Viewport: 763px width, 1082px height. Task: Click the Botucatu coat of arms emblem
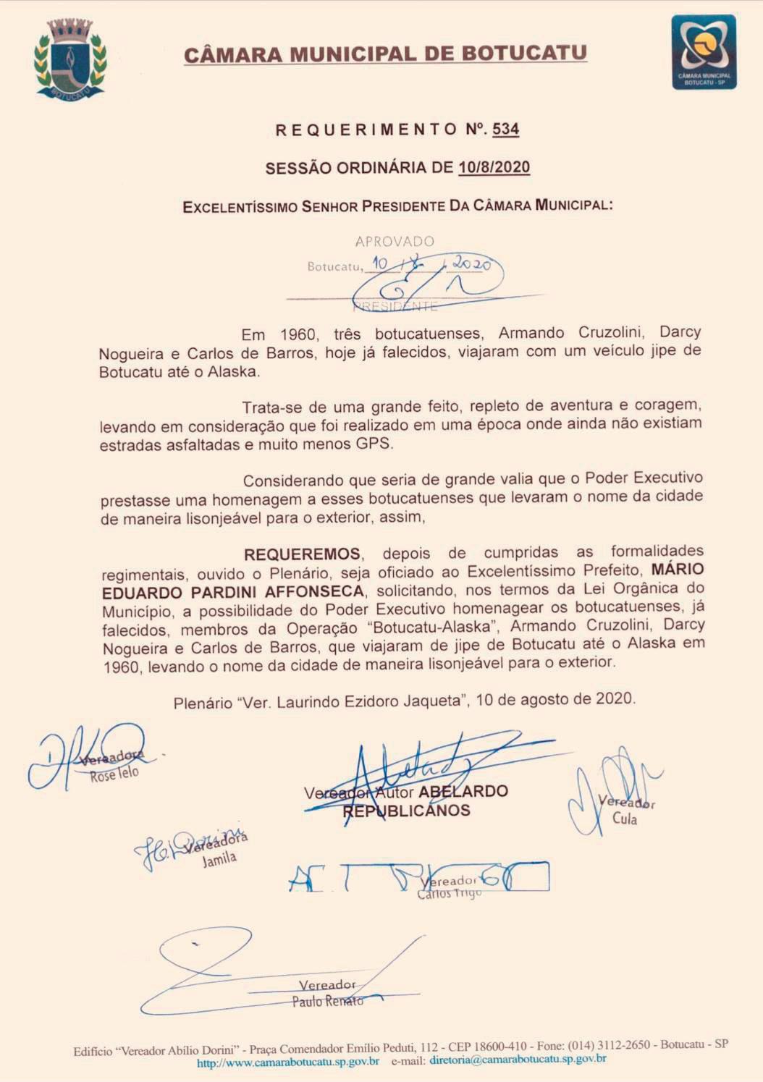(71, 58)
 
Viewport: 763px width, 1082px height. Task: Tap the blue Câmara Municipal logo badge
(703, 52)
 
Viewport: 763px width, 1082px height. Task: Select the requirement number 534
(505, 130)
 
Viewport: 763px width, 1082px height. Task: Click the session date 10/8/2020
(494, 168)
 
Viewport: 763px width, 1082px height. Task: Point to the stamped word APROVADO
(395, 241)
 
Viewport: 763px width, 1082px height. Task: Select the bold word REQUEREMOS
(302, 554)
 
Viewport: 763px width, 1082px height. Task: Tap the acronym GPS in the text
(373, 444)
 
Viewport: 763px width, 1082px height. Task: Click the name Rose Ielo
(114, 774)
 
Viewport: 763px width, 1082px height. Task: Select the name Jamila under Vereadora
(219, 860)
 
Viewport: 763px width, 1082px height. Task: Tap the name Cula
(625, 819)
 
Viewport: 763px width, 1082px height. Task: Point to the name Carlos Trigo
(449, 895)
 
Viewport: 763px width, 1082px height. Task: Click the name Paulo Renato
(327, 1002)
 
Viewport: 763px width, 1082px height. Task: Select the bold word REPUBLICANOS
(406, 811)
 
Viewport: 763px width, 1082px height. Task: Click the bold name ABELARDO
(463, 791)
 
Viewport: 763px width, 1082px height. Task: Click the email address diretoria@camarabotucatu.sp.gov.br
(518, 1060)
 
